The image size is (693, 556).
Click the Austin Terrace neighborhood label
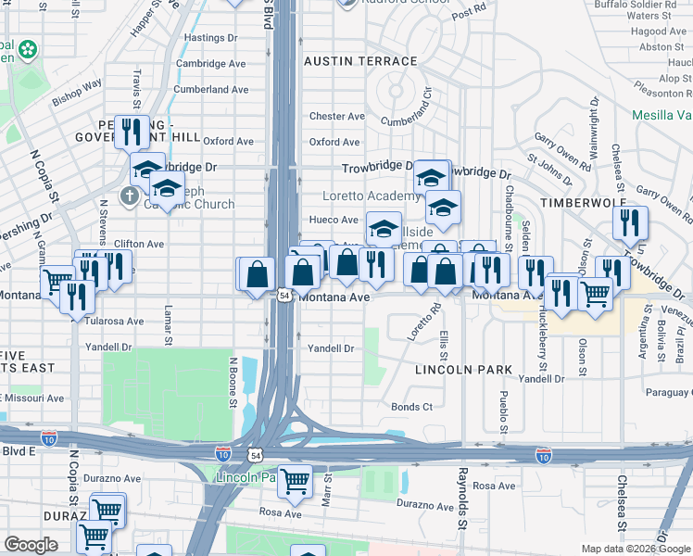coord(360,61)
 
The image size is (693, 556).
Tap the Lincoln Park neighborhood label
coord(463,370)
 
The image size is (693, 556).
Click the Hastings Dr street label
coord(211,38)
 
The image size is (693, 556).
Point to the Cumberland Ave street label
coord(211,90)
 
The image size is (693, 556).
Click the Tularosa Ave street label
coord(115,322)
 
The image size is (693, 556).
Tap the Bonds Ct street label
coord(411,407)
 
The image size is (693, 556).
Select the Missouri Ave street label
coord(37,398)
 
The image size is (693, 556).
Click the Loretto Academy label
coord(371,196)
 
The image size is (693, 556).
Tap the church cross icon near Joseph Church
coord(129,196)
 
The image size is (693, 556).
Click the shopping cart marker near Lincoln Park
coord(295,481)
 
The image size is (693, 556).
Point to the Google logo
coord(31,545)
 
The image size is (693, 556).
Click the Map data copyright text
coord(635,549)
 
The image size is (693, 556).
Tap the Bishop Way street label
coord(77,92)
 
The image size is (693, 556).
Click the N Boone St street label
coord(233,381)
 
